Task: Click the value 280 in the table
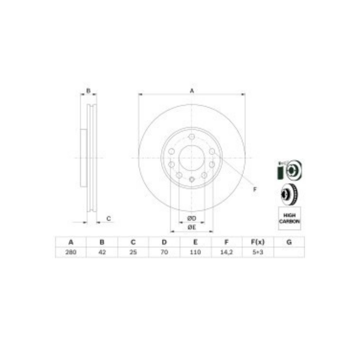pos(71,252)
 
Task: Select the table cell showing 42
pos(102,252)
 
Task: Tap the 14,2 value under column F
pos(226,252)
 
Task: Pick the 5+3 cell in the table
pos(258,252)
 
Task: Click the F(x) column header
pos(258,242)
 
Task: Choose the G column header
pos(289,242)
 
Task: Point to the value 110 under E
pos(195,252)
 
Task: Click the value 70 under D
pos(164,252)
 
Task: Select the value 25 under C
pos(133,252)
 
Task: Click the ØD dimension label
pos(192,218)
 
